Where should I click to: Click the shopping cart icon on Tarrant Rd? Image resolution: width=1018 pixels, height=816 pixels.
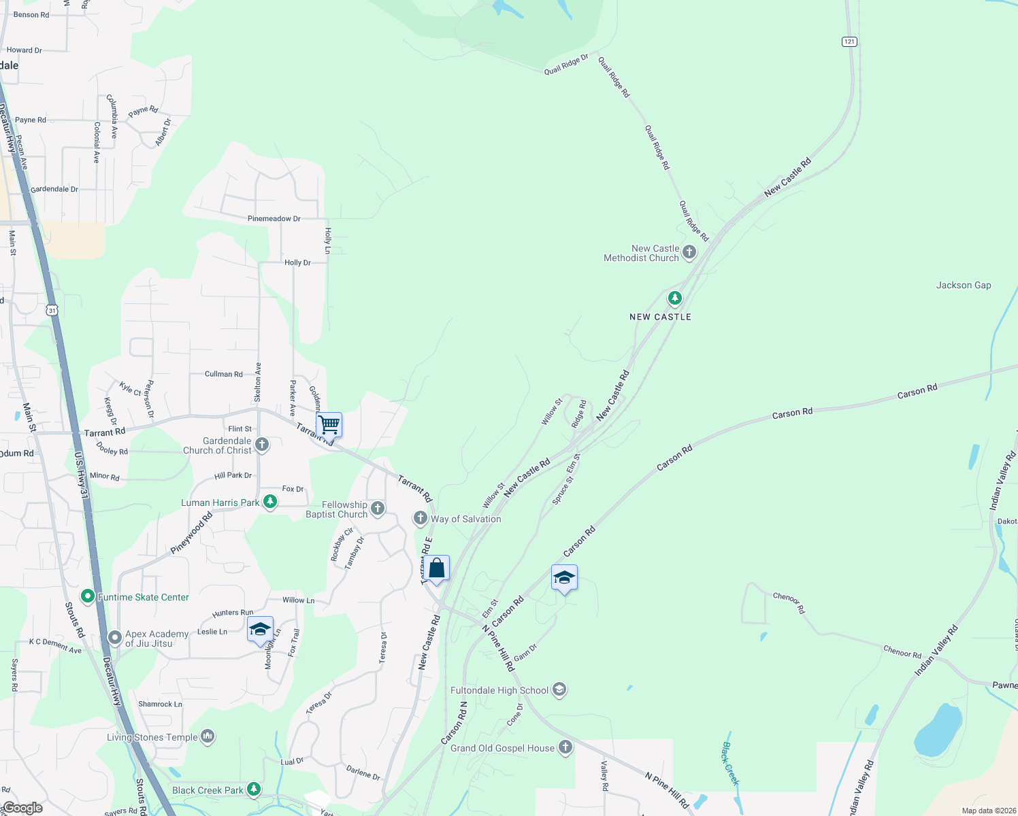[329, 425]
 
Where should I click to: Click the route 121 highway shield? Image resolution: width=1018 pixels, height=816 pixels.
[849, 41]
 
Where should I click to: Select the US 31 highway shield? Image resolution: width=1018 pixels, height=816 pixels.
[52, 310]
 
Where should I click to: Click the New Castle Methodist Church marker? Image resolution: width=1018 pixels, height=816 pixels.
[689, 253]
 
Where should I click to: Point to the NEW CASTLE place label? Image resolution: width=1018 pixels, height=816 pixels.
[660, 317]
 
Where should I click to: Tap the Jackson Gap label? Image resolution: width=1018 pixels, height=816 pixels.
[963, 286]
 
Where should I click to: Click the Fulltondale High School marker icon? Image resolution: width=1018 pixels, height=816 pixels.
[559, 690]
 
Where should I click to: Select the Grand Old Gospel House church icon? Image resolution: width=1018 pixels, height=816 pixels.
[565, 748]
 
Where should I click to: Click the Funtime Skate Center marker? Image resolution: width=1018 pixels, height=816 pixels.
[88, 597]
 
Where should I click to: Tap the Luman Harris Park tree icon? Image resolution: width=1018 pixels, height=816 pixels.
[270, 503]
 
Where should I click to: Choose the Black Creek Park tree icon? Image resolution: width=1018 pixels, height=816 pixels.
[254, 789]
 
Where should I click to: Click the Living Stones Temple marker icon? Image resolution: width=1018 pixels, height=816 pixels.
[208, 736]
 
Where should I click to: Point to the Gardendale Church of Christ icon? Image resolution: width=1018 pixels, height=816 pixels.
[262, 445]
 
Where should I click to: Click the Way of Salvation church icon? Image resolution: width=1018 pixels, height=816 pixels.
[421, 519]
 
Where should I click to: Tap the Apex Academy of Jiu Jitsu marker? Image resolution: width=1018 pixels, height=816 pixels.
[115, 638]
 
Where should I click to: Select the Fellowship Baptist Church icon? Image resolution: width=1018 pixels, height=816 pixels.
[378, 509]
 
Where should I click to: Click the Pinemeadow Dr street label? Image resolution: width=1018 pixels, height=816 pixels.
[274, 219]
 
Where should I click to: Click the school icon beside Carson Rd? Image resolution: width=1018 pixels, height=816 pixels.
[564, 578]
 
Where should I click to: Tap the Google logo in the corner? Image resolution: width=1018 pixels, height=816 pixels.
[22, 808]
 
